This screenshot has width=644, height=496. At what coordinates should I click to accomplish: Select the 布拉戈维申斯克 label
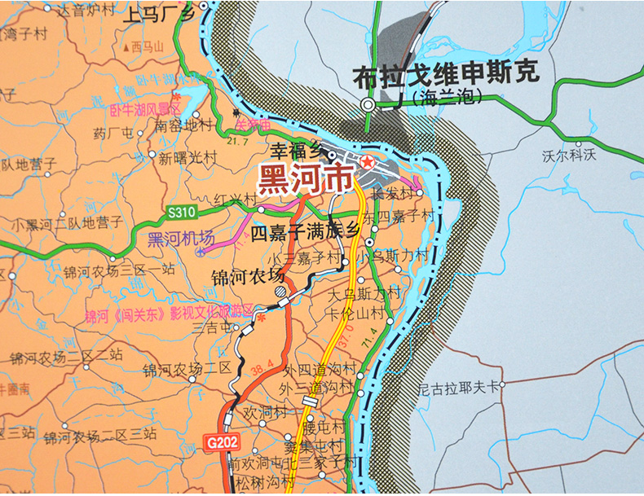point(446,75)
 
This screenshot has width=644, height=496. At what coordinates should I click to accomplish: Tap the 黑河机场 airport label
point(181,238)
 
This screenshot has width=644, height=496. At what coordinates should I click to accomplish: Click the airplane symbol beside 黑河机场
point(201,252)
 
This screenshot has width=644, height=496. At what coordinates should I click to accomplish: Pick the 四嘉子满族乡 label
point(305,232)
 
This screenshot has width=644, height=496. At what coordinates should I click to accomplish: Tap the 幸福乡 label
point(297,150)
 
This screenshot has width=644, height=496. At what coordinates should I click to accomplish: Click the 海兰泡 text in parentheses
point(448,99)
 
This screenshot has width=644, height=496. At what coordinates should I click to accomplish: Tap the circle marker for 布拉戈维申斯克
point(368,104)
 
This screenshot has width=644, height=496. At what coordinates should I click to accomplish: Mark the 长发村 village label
point(390,194)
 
